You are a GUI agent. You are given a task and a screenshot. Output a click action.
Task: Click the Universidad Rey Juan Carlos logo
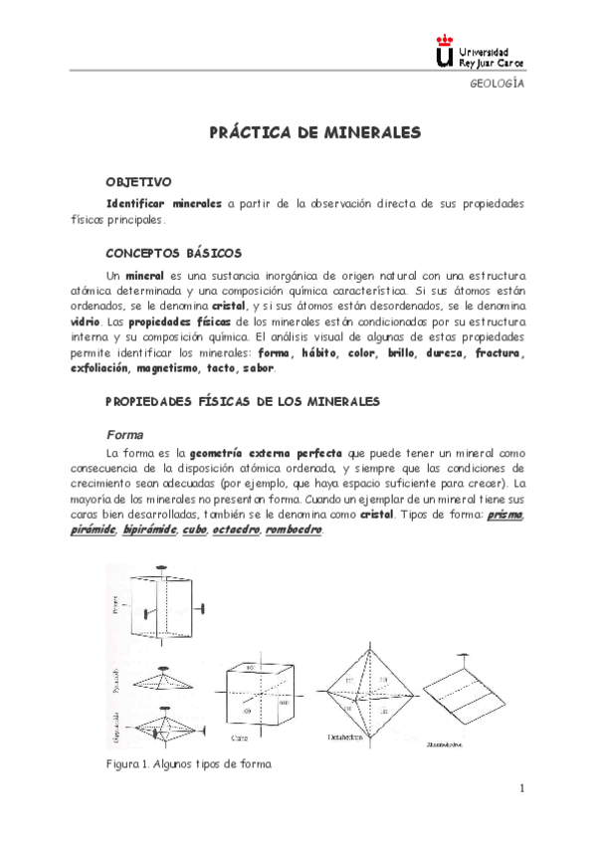tap(480, 53)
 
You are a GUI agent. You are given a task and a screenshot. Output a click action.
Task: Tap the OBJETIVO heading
tap(138, 181)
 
